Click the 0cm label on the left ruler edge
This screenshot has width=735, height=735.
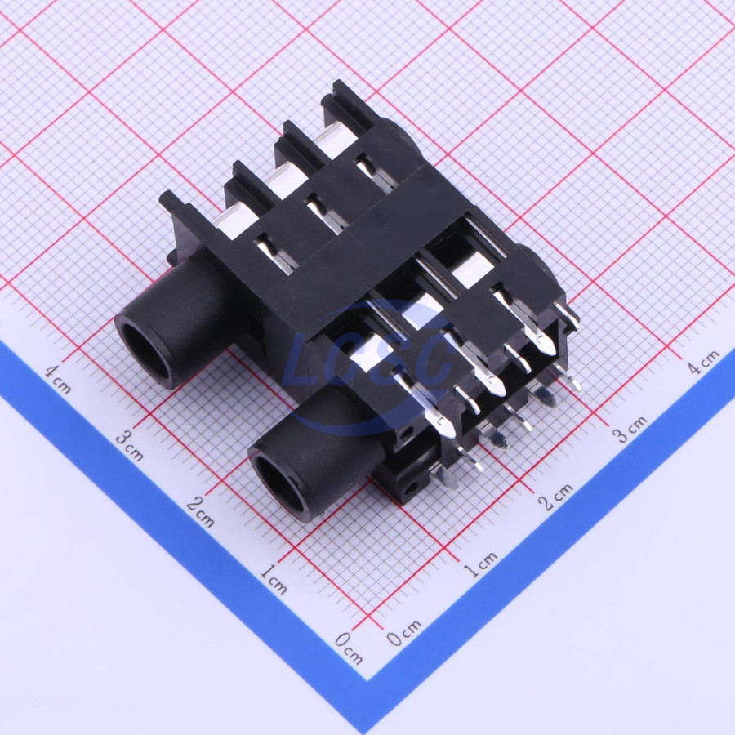pos(349,648)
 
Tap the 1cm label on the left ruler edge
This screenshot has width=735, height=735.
pos(274,579)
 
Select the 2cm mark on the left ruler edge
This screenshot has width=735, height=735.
pos(201,511)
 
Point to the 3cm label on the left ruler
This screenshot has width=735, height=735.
pos(129,445)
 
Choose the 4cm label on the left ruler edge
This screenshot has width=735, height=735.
pos(58,379)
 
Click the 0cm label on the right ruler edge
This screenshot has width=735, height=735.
pos(404,632)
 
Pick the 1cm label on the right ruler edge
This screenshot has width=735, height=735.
pos(480,563)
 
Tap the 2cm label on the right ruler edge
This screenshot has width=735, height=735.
pos(555,497)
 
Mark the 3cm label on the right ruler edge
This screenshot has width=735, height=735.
pos(631,429)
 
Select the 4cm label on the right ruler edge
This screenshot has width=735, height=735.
pos(704,362)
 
